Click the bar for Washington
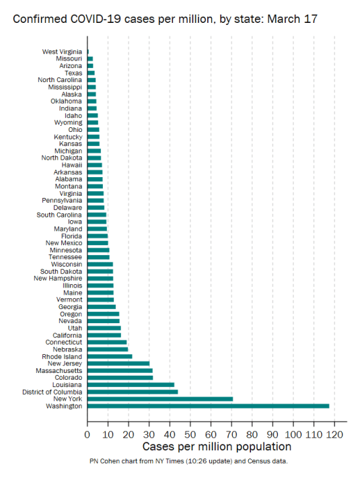coord(208,406)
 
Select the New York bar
coord(160,399)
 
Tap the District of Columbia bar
coord(133,392)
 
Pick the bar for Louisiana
coord(131,384)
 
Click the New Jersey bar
coord(118,364)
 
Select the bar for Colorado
coord(120,378)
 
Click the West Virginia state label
coord(62,52)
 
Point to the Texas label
coord(73,73)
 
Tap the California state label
coord(67,335)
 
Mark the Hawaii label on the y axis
coord(72,165)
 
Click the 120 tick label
coord(335,434)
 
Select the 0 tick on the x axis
coord(87,434)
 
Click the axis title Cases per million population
coord(217,447)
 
